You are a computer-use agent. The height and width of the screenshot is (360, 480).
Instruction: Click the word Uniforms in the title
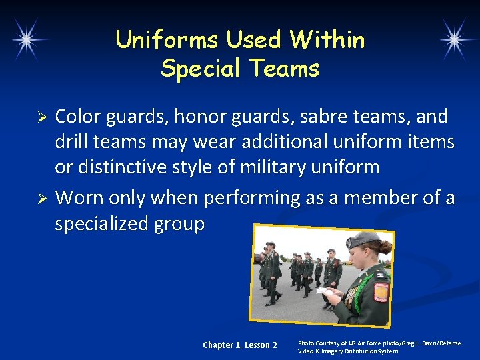[167, 40]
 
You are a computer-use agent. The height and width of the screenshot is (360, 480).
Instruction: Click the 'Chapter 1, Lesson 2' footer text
[239, 345]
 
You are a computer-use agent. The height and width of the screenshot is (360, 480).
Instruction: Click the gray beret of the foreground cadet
[364, 239]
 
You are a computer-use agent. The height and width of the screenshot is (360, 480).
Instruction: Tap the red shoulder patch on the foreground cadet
[380, 292]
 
